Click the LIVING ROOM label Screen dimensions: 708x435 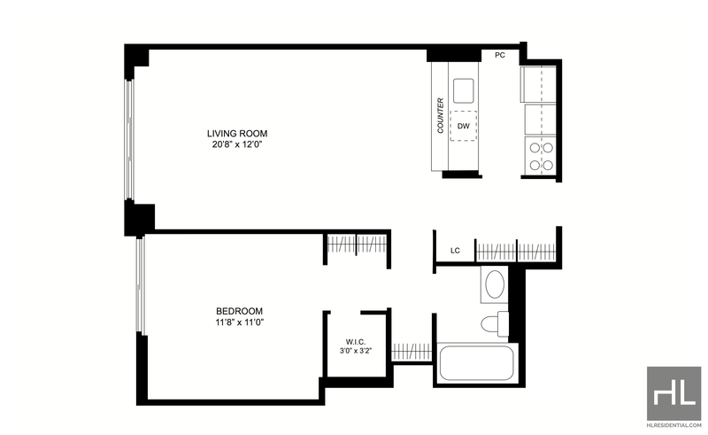point(237,134)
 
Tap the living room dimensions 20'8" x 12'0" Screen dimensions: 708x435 point(237,144)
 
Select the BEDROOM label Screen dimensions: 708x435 point(239,311)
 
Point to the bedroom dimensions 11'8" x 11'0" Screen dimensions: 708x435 point(239,322)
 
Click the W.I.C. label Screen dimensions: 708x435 point(356,342)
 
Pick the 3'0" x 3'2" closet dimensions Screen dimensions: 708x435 point(356,351)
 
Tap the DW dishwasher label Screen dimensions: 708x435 point(464,126)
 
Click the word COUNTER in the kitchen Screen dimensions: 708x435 point(441,116)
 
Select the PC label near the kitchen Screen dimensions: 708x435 point(500,55)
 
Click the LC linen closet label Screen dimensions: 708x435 point(455,251)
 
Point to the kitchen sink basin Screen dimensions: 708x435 point(464,90)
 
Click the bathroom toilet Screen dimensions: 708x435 point(495,323)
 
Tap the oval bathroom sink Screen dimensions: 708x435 point(495,284)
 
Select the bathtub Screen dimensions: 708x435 point(476,363)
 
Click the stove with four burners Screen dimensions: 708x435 point(541,156)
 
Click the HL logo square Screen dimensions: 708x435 point(674,393)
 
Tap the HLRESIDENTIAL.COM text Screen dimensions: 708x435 point(674,425)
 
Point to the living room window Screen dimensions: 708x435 point(129,140)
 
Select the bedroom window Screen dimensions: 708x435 point(141,286)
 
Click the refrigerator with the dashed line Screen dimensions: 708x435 point(538,84)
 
